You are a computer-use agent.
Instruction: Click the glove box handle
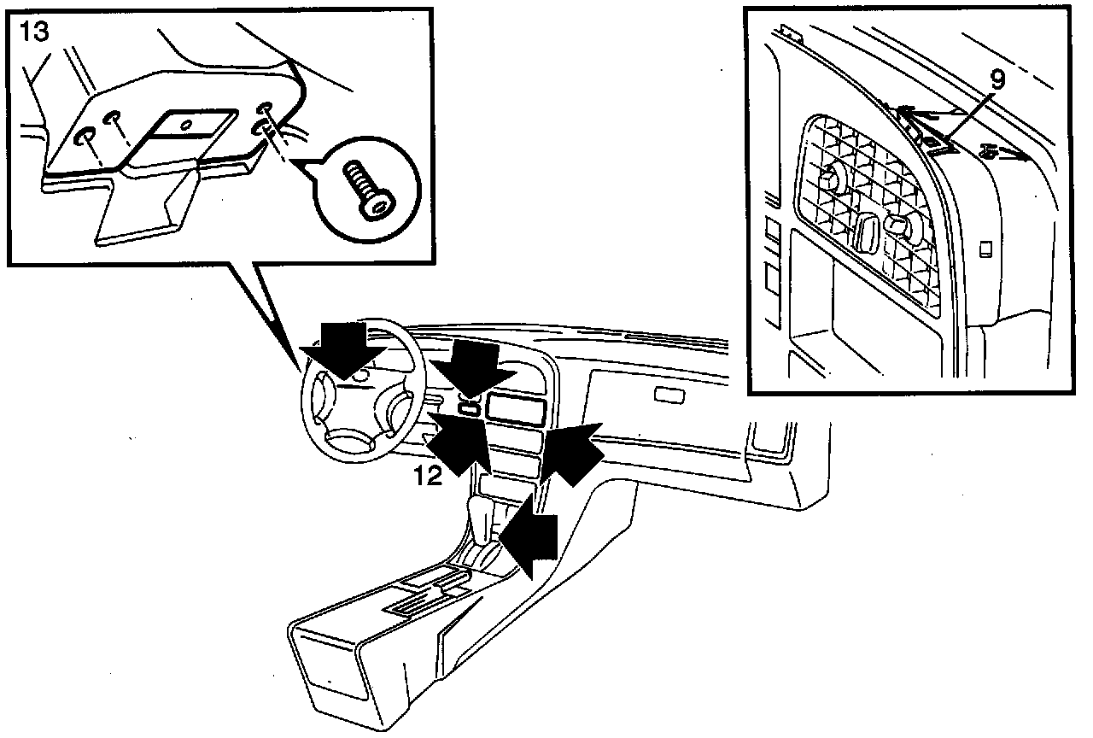[x=670, y=395]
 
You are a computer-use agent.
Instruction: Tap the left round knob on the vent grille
[x=828, y=179]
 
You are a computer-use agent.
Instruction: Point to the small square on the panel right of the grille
[x=985, y=250]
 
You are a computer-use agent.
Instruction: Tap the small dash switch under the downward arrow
[x=468, y=407]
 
